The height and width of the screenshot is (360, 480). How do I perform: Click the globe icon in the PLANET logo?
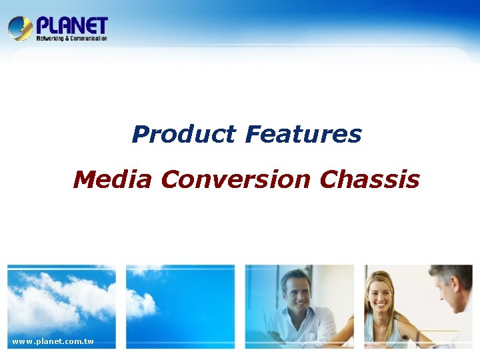click(20, 29)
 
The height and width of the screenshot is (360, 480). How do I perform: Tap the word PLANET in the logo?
click(72, 25)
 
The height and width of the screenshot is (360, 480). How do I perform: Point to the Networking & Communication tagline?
click(71, 39)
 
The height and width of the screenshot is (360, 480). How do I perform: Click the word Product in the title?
click(183, 135)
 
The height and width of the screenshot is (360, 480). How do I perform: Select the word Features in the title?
click(303, 135)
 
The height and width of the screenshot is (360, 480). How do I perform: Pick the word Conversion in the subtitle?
click(235, 179)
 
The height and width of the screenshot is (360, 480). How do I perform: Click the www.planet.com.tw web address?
click(53, 342)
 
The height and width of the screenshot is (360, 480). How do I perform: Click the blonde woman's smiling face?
click(381, 293)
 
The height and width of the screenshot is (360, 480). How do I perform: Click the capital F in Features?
click(252, 135)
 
